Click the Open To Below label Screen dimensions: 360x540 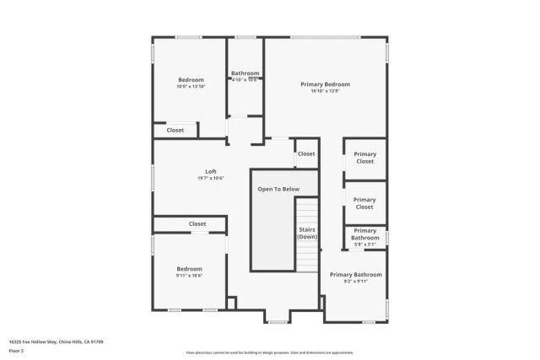pos(278,190)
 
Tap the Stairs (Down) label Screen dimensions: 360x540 pos(307,234)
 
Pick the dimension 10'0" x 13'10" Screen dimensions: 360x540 pos(191,87)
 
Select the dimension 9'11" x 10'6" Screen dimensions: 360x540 pos(190,276)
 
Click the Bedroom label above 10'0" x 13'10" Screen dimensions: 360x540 pos(191,80)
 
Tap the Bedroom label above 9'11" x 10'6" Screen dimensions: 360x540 pos(190,269)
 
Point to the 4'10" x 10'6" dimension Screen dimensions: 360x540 pos(245,80)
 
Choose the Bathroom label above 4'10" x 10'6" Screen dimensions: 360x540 pos(245,73)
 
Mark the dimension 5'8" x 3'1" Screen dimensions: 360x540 pos(364,245)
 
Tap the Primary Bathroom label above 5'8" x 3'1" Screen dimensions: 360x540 pos(364,234)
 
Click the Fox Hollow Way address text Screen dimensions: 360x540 pos(56,341)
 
